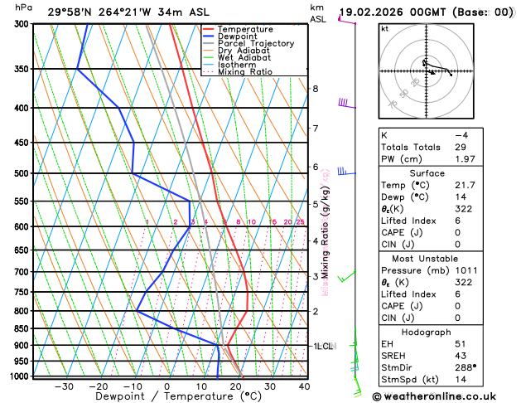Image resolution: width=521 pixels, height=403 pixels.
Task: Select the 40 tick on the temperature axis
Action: (304, 386)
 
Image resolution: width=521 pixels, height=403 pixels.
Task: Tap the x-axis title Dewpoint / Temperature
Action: (166, 397)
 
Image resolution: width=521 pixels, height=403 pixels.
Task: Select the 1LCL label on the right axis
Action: (322, 346)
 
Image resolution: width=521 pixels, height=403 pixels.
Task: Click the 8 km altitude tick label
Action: (316, 89)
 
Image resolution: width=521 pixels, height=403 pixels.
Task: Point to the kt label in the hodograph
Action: (384, 29)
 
